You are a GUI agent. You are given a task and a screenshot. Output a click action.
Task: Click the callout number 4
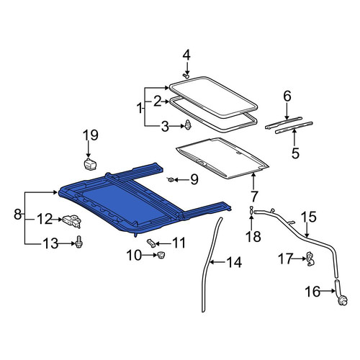pyautogui.click(x=186, y=55)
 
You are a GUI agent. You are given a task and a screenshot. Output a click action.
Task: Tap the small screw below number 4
pyautogui.click(x=186, y=76)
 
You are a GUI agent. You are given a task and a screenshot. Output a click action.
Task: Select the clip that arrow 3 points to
pyautogui.click(x=188, y=125)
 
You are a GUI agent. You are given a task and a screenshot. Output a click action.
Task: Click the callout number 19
pyautogui.click(x=91, y=135)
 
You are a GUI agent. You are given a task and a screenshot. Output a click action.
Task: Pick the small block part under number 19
pyautogui.click(x=89, y=164)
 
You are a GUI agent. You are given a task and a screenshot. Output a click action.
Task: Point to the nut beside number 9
pyautogui.click(x=170, y=179)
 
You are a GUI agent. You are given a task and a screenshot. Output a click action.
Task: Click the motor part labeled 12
pyautogui.click(x=72, y=221)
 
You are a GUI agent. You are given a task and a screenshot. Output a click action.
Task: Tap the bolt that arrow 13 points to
pyautogui.click(x=79, y=242)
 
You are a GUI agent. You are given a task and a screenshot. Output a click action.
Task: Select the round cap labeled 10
pyautogui.click(x=161, y=255)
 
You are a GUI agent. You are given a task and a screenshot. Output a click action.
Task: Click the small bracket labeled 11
pyautogui.click(x=151, y=243)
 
